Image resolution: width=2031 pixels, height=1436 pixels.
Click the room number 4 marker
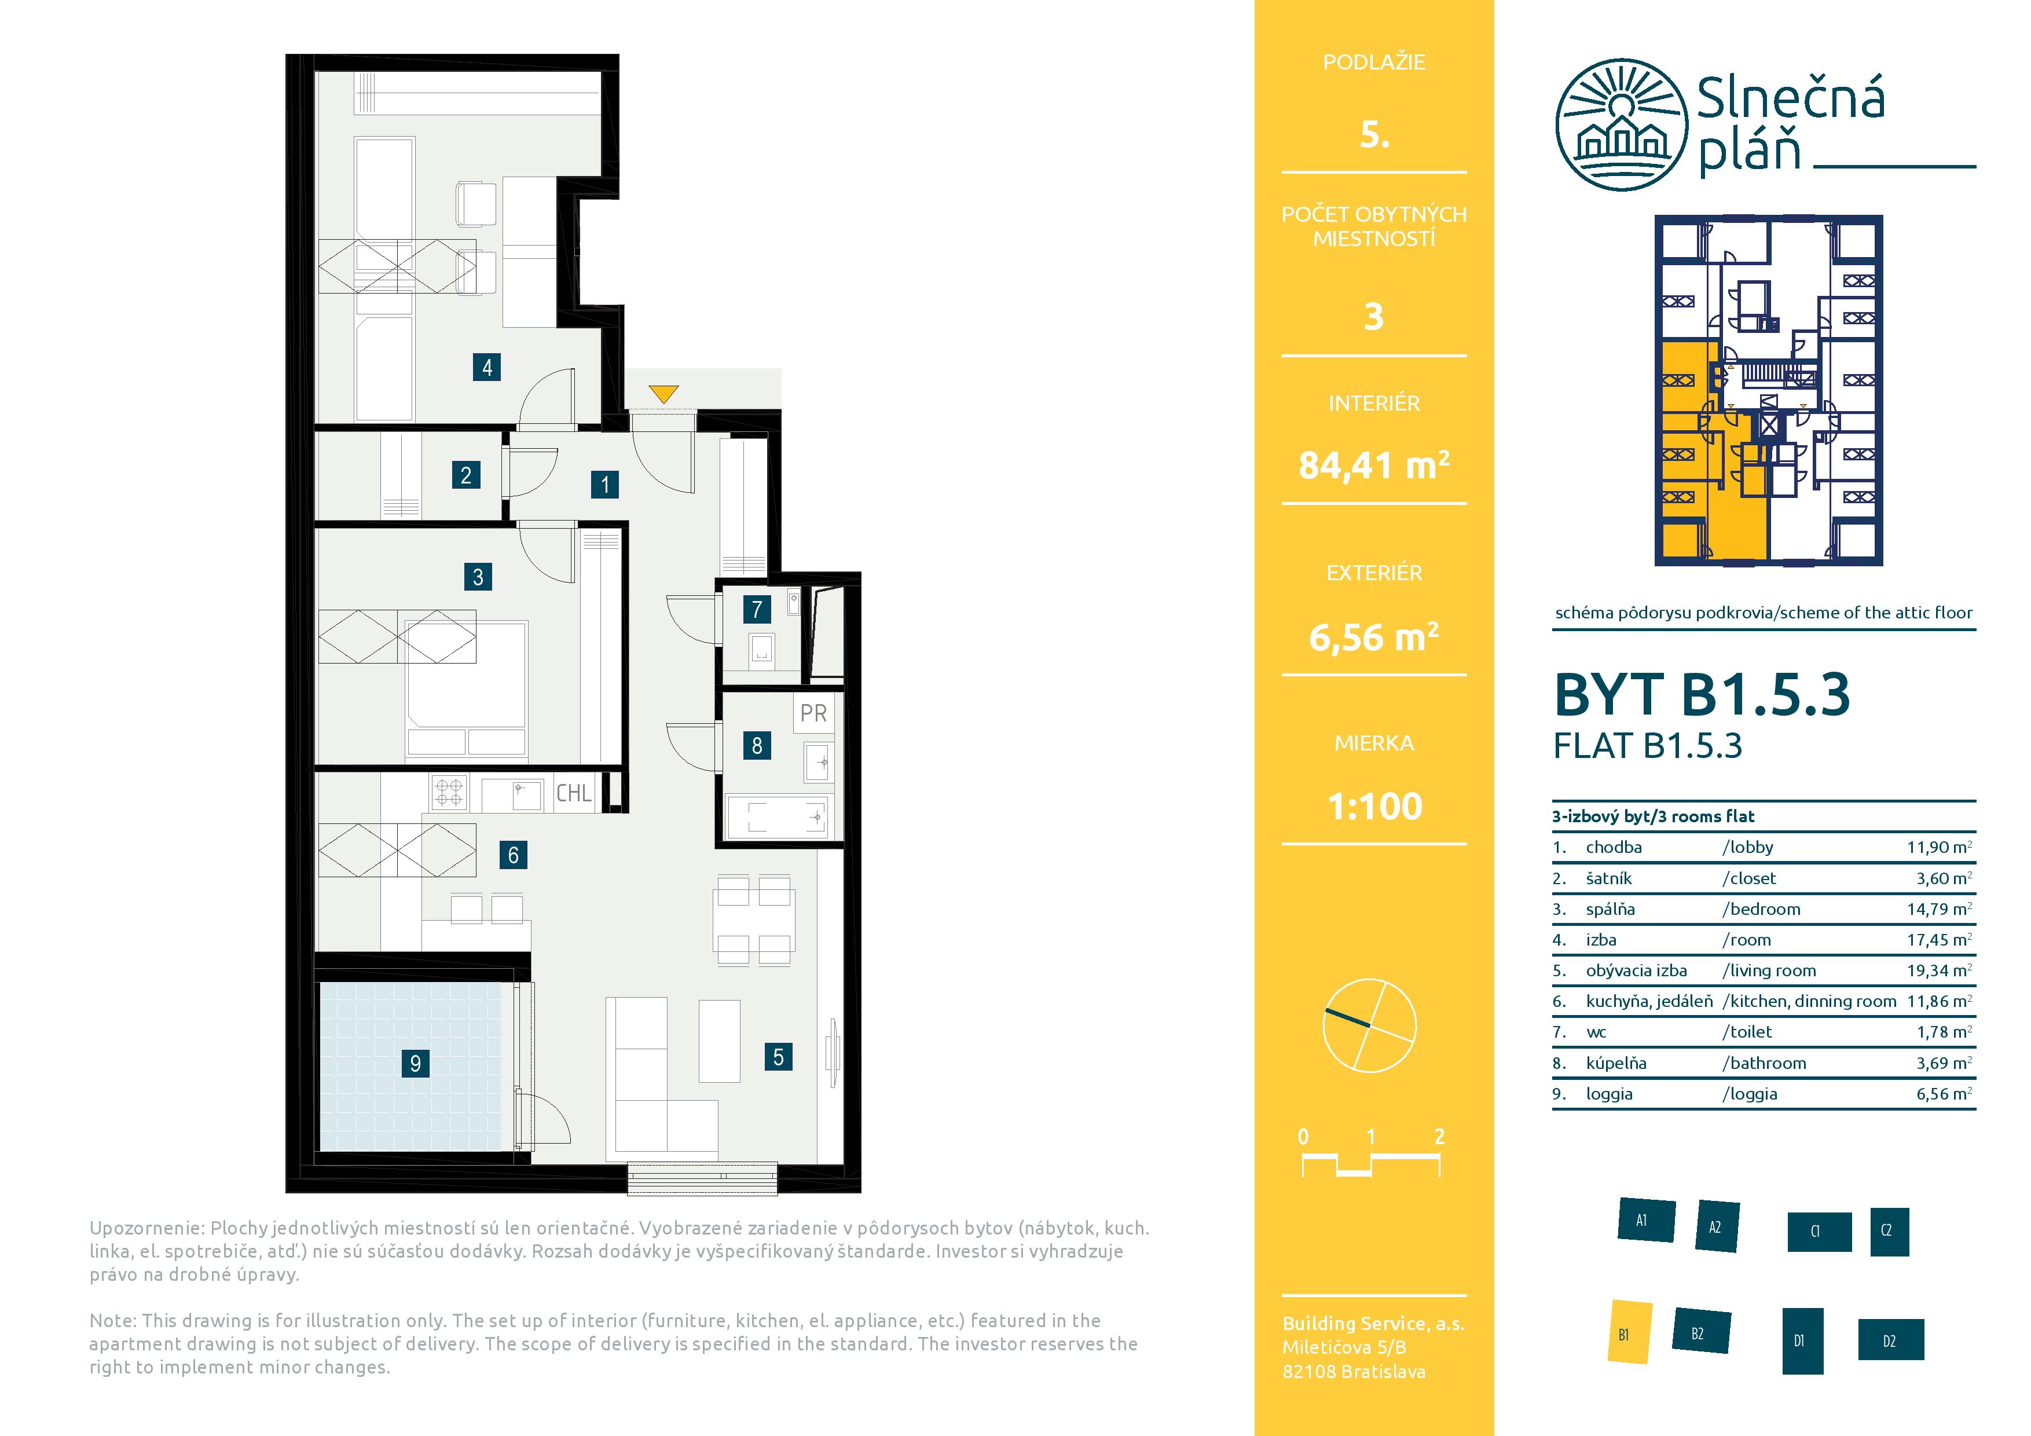[486, 367]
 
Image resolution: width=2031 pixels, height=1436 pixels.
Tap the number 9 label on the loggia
[415, 1063]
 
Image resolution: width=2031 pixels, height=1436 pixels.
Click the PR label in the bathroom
[813, 713]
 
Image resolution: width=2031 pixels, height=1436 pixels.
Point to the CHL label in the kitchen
[573, 793]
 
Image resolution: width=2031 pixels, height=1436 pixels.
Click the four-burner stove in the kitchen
[449, 793]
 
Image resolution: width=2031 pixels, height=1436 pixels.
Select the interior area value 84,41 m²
[1374, 464]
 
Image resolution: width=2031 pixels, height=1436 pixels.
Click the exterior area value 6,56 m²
[1374, 636]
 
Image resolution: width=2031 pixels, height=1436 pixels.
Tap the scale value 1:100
[1374, 806]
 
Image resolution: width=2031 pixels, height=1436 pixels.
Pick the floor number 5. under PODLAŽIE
[1374, 134]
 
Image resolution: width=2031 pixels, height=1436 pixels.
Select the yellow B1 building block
[1629, 1332]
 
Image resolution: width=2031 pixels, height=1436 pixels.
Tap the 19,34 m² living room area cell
[1939, 970]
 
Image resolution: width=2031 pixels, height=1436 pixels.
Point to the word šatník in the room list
[1609, 878]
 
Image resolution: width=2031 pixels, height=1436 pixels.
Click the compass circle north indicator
[1369, 1025]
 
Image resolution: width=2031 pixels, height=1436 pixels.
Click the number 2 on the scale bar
[1439, 1136]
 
